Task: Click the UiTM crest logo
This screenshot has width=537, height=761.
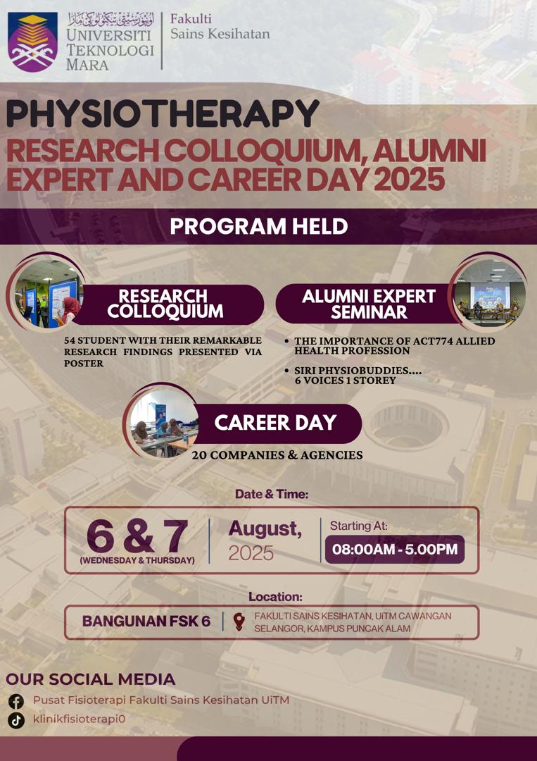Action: [x=32, y=42]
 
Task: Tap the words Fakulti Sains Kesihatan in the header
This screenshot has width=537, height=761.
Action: [x=220, y=26]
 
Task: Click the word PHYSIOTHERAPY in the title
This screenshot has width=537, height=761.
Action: [x=163, y=114]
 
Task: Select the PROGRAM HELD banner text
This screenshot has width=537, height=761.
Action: [x=259, y=227]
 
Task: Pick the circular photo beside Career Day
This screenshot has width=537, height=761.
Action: [x=164, y=423]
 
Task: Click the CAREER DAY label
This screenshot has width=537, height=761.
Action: [x=275, y=423]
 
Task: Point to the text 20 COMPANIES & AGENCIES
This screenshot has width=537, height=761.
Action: [x=277, y=455]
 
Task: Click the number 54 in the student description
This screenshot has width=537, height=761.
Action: [x=70, y=340]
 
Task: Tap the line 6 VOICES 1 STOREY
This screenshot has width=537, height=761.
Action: [x=346, y=381]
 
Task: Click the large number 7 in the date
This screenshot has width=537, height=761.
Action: [x=175, y=536]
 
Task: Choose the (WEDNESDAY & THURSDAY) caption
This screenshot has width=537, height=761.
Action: [x=137, y=560]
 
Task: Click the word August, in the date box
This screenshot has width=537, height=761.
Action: [x=265, y=528]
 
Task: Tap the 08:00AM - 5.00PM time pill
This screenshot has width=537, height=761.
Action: [x=395, y=550]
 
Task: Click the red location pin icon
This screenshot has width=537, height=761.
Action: [x=239, y=621]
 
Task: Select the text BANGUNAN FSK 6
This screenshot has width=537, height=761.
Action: [x=146, y=621]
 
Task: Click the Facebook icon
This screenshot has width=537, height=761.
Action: [x=16, y=701]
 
